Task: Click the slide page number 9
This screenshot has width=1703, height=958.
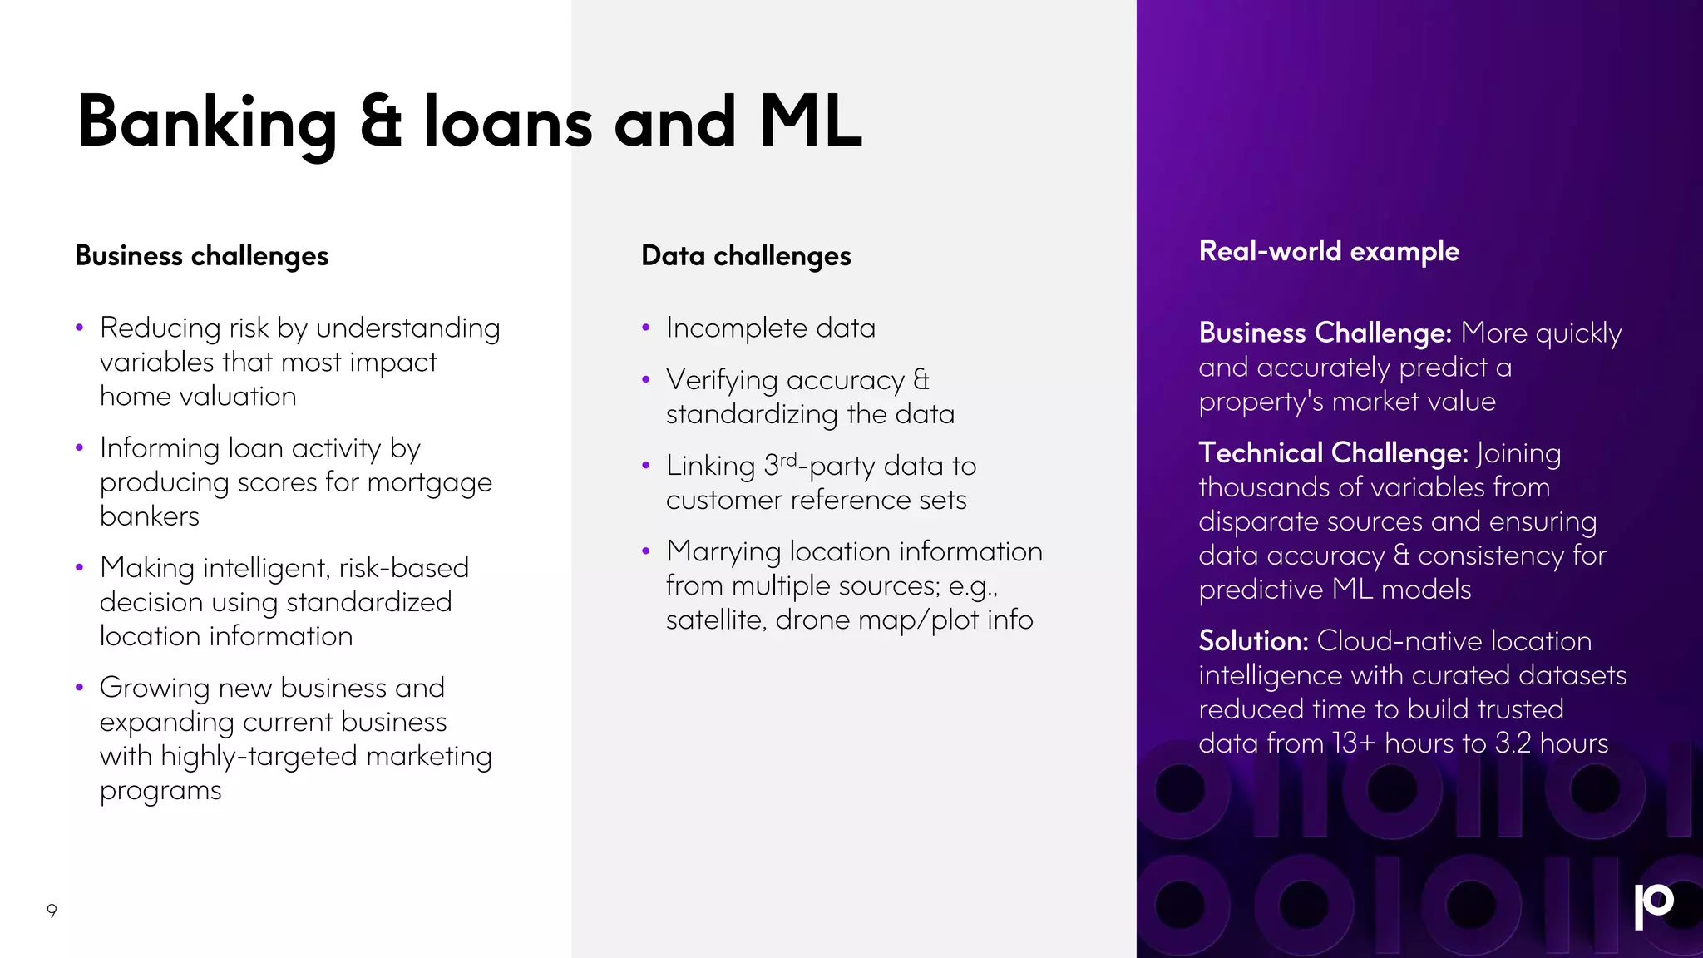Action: tap(52, 911)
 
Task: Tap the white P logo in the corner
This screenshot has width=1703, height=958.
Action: tap(1653, 906)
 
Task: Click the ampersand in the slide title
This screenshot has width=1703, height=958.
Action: tap(381, 122)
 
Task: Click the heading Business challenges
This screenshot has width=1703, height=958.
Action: tap(201, 256)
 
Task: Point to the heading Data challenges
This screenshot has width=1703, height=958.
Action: tap(746, 256)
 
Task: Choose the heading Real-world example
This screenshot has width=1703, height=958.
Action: tap(1329, 251)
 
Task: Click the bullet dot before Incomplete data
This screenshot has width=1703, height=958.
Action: tap(645, 328)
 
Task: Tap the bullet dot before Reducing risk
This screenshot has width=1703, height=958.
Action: tap(79, 328)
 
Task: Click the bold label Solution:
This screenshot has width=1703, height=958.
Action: tap(1253, 641)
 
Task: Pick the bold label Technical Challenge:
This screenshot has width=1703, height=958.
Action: tap(1333, 453)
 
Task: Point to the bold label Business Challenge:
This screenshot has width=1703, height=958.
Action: tap(1325, 333)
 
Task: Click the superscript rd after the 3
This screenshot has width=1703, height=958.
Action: tap(788, 460)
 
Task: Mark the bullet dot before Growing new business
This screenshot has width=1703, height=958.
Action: tap(79, 688)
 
